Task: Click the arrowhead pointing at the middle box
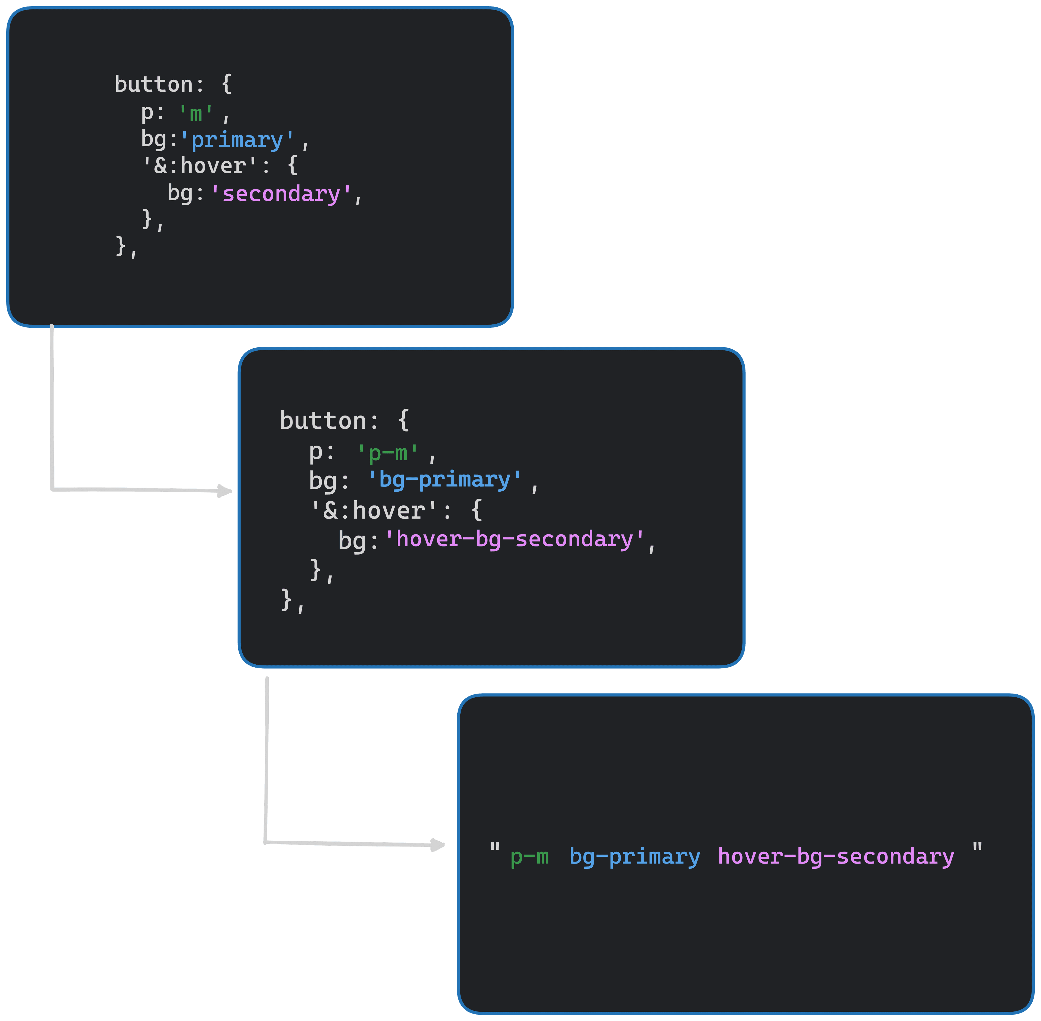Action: tap(225, 491)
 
